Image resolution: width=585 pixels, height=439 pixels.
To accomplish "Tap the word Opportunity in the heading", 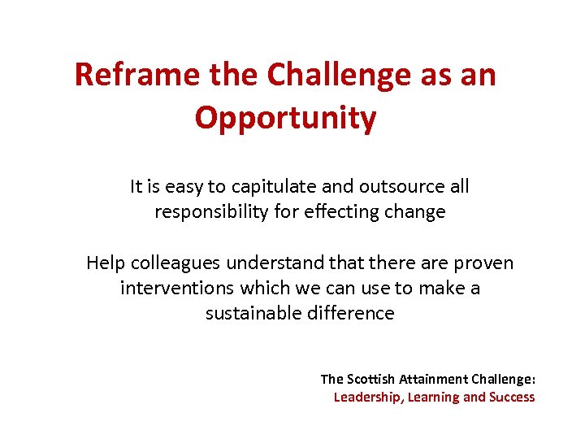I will [x=286, y=119].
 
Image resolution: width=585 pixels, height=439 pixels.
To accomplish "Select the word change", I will [x=417, y=212].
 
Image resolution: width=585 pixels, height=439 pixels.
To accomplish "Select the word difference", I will [x=353, y=313].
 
